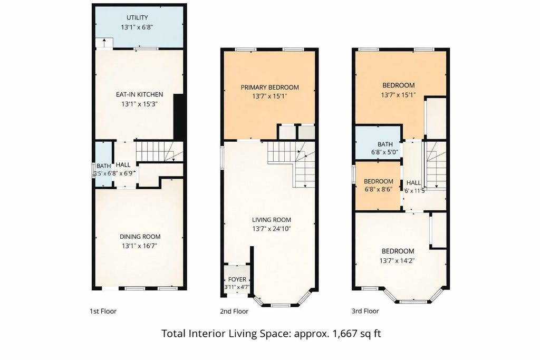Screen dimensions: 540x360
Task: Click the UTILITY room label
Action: click(137, 17)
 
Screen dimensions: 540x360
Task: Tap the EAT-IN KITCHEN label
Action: click(139, 94)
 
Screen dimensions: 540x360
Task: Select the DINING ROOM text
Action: click(140, 237)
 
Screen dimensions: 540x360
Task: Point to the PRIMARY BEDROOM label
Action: click(269, 87)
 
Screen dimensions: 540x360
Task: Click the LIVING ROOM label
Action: click(272, 220)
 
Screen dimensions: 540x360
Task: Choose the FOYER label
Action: click(237, 279)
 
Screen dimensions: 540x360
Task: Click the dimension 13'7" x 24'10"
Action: click(272, 229)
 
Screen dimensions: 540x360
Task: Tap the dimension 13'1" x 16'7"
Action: click(140, 246)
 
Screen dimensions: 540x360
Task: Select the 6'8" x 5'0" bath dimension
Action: click(384, 152)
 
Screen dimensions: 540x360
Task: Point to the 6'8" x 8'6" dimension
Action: click(379, 189)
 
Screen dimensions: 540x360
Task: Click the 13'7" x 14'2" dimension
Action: click(397, 260)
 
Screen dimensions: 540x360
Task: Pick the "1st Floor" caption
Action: click(103, 311)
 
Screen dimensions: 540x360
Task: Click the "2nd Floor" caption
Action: click(234, 311)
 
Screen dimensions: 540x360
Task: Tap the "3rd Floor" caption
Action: click(365, 311)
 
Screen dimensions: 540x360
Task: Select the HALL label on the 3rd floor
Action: click(413, 183)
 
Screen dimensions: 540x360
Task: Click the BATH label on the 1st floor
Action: click(104, 166)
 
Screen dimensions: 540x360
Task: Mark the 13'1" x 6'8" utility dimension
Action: click(137, 27)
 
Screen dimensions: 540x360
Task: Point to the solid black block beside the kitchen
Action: click(178, 117)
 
